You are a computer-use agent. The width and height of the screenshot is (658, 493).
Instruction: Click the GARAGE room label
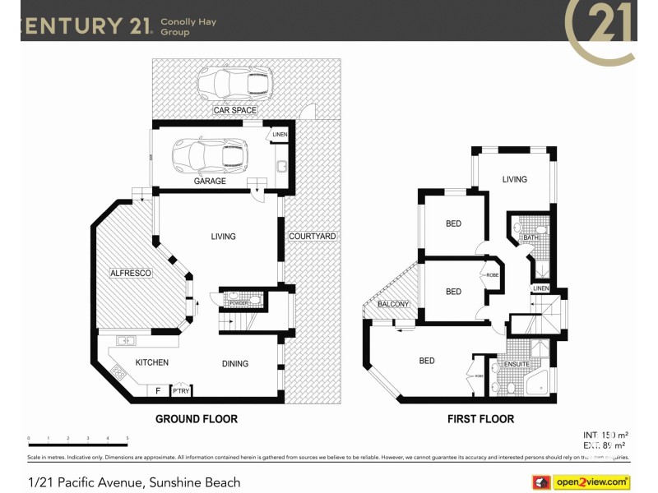pos(210,181)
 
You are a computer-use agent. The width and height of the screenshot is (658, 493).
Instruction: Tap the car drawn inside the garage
pos(209,154)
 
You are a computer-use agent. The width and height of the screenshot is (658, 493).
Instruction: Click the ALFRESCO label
pos(131,273)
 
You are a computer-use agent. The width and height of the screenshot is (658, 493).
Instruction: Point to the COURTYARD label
pos(313,237)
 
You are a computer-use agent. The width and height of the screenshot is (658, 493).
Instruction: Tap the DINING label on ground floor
pos(234,363)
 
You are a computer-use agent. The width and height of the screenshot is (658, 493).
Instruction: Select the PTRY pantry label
pos(181,391)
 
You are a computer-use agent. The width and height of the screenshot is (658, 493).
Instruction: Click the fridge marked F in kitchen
pos(158,391)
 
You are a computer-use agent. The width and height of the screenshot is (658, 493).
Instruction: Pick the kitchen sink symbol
pos(127,339)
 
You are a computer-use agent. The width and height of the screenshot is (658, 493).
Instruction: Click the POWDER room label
pos(239,303)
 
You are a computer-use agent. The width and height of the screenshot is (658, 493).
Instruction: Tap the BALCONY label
pos(393,305)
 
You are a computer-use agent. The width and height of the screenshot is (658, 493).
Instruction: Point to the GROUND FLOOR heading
pos(197,419)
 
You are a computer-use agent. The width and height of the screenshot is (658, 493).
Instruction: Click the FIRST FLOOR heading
pos(480,419)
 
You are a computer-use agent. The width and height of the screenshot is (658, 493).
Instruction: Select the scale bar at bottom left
pos(78,438)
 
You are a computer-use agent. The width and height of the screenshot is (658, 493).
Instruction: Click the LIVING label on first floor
pos(515,179)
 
